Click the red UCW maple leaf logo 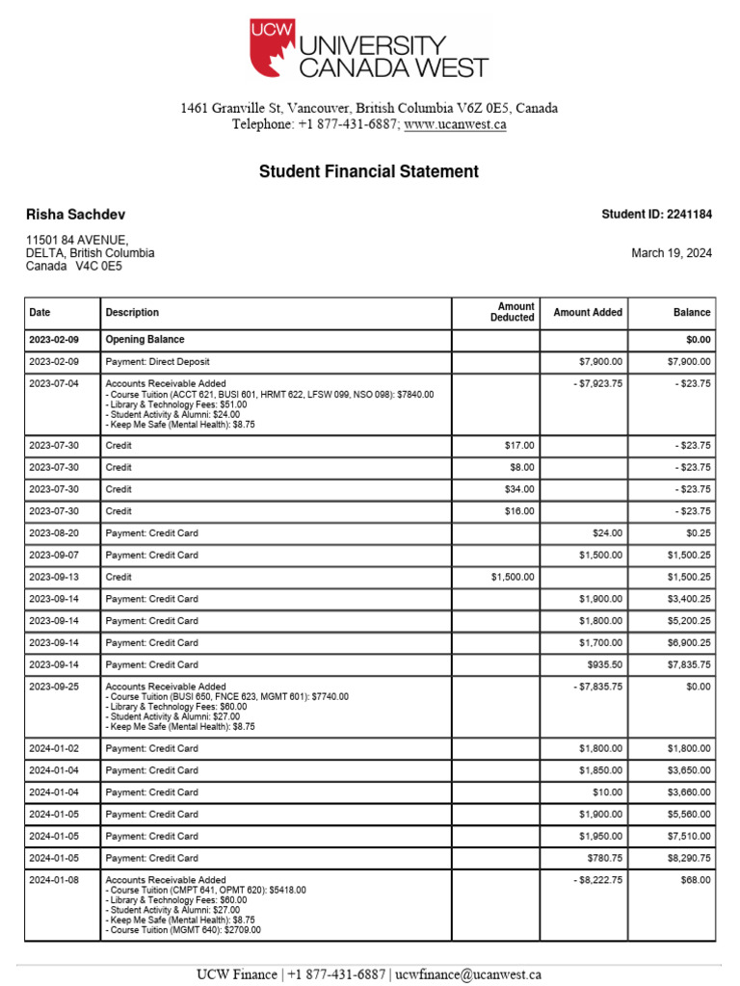(272, 48)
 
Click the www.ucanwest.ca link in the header (455, 125)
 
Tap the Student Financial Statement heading (368, 172)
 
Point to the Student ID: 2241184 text (656, 215)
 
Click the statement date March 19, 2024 (672, 253)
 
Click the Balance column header (692, 312)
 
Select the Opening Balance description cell (145, 340)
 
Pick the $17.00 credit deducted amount (519, 446)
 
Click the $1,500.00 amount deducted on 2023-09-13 (513, 577)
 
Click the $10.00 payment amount (607, 792)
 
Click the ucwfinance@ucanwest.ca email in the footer (467, 974)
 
